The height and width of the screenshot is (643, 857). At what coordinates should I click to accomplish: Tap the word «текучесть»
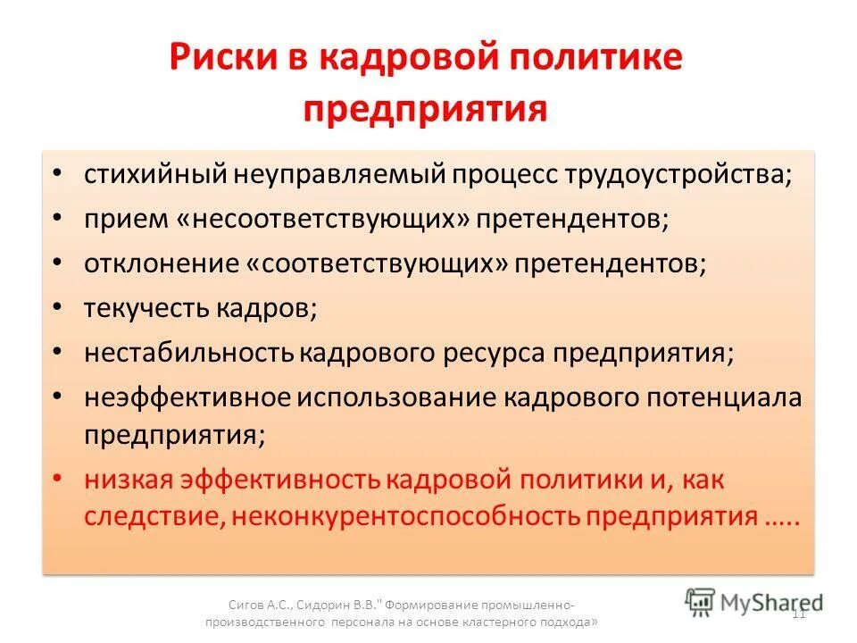pos(144,307)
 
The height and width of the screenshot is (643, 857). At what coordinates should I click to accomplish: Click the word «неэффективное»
pos(187,397)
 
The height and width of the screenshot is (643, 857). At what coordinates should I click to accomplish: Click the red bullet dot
pos(57,479)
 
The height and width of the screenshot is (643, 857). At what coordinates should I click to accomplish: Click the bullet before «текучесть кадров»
pos(57,307)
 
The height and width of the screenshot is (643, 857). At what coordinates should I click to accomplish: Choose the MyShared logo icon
pos(701,601)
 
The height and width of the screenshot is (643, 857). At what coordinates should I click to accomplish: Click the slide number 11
pos(799,613)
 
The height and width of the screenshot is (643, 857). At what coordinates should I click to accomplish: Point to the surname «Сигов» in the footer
pos(245,604)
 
